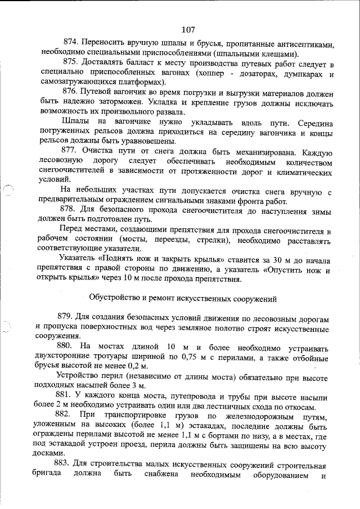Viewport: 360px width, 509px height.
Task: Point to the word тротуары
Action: pyautogui.click(x=116, y=357)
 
